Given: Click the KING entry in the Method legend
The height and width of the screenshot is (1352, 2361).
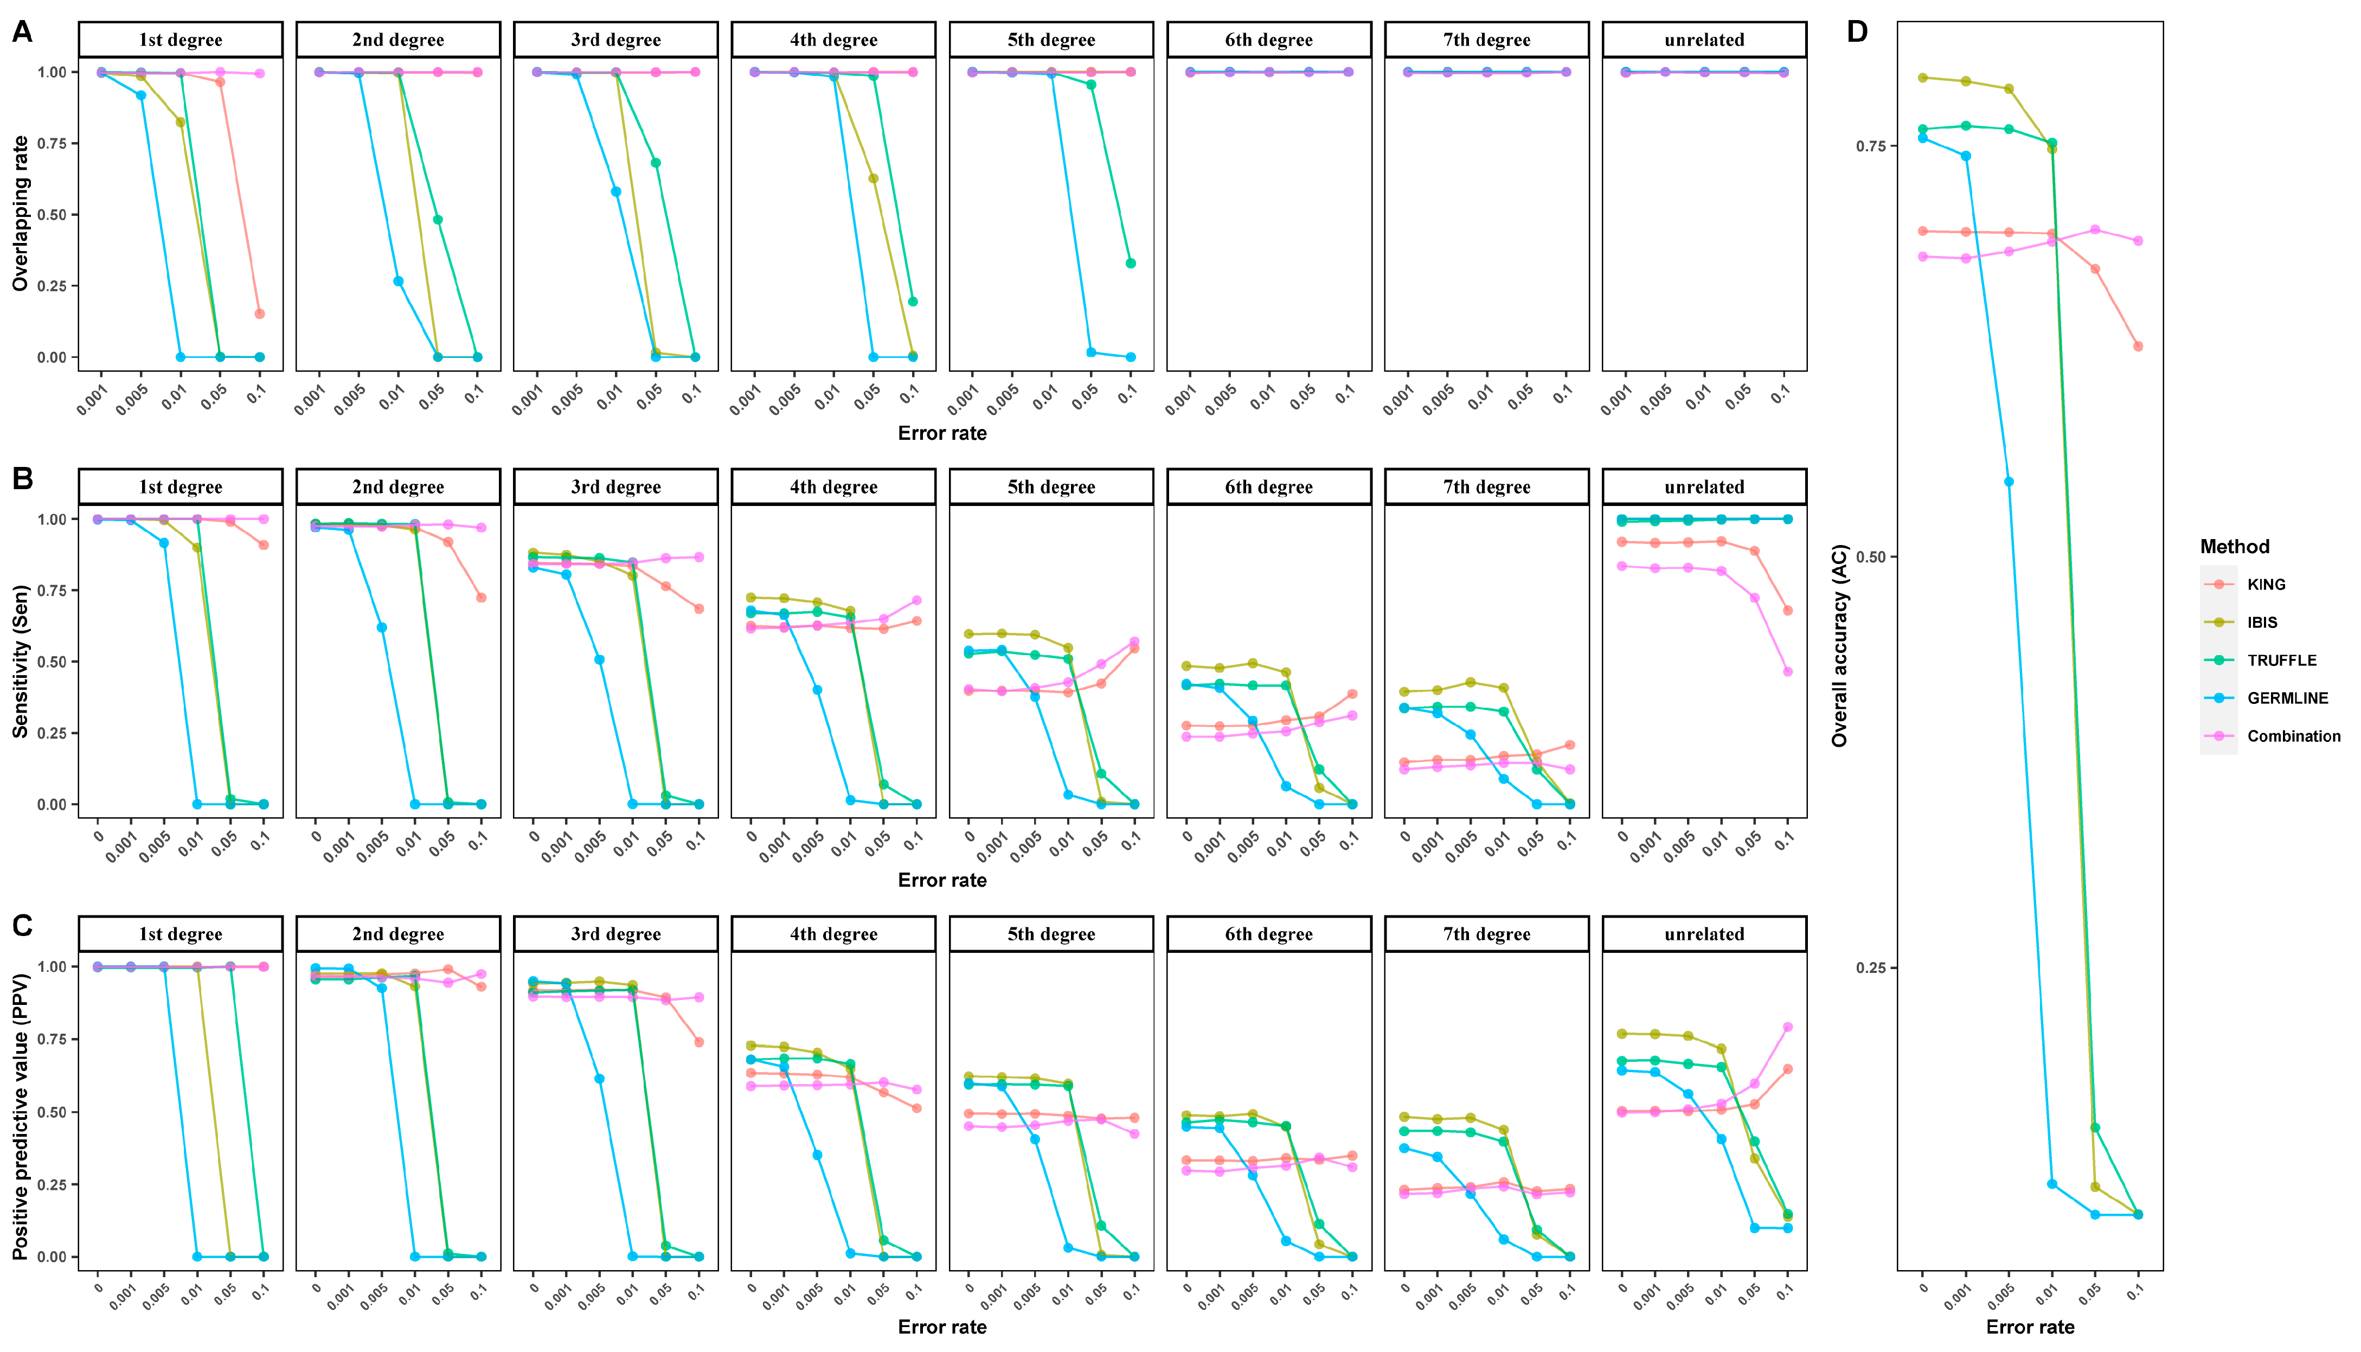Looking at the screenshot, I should point(2266,584).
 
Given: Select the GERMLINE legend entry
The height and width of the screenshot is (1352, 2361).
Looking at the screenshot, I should point(2287,699).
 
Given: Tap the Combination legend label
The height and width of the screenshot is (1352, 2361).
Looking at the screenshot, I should point(2293,736).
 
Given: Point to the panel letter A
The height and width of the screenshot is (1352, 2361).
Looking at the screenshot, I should point(21,33).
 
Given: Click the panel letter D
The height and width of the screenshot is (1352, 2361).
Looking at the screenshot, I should point(1857,33).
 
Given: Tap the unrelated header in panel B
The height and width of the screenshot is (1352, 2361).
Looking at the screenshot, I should point(1704,486).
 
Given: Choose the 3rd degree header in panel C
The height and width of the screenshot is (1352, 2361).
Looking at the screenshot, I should point(615,934).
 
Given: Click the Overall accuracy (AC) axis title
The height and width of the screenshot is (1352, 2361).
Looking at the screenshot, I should point(1839,645).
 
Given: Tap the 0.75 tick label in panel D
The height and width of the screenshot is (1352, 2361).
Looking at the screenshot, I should point(1871,146).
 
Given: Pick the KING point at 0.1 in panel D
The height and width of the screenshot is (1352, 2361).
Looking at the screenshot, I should point(2138,347).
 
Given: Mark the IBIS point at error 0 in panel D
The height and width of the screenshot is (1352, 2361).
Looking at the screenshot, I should point(1923,78).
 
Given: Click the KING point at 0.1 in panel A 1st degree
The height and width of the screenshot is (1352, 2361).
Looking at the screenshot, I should point(260,314).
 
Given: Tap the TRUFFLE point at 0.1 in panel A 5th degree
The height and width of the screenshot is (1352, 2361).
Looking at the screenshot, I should point(1131,264).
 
